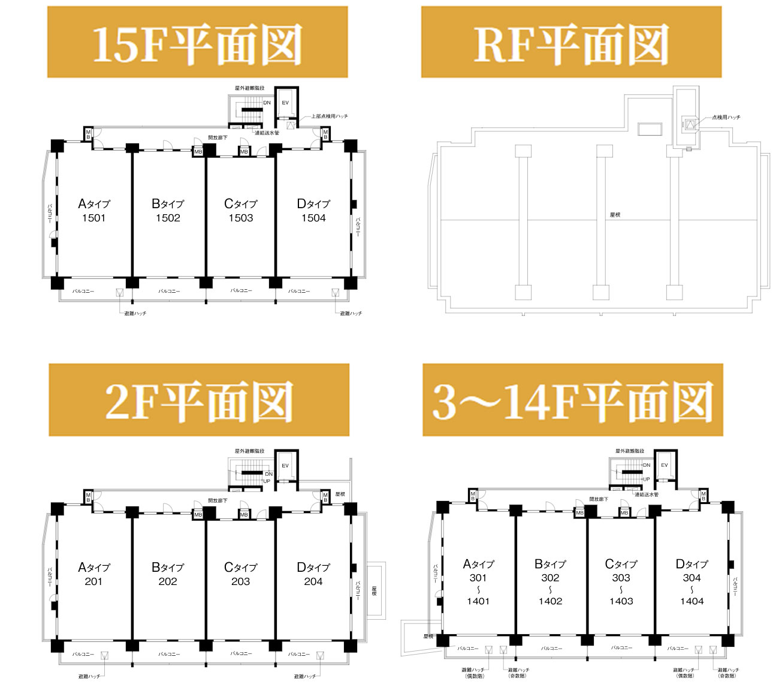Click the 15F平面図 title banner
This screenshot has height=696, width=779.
(197, 43)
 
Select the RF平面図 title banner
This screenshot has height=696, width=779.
(570, 43)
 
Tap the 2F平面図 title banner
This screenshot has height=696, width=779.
(198, 400)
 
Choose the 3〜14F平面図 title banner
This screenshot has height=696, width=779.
(572, 400)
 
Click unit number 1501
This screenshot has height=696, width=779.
(93, 218)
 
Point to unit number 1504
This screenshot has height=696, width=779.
(313, 218)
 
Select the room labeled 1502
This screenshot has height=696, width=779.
(168, 218)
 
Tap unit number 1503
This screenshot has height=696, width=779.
(240, 218)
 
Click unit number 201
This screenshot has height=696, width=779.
(93, 581)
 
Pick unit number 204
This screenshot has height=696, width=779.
(313, 581)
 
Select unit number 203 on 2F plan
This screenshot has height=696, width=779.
(240, 581)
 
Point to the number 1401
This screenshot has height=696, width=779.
(478, 601)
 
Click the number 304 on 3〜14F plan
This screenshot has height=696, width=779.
(692, 578)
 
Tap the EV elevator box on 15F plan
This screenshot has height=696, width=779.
(285, 103)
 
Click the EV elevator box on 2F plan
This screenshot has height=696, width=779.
(285, 466)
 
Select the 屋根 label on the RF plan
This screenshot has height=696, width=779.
(614, 215)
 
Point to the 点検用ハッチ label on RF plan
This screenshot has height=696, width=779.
(726, 118)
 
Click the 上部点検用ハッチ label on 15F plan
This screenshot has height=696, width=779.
(329, 116)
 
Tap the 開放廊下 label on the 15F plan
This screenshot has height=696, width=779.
(218, 138)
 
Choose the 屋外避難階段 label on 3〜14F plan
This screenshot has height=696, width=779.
(629, 451)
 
